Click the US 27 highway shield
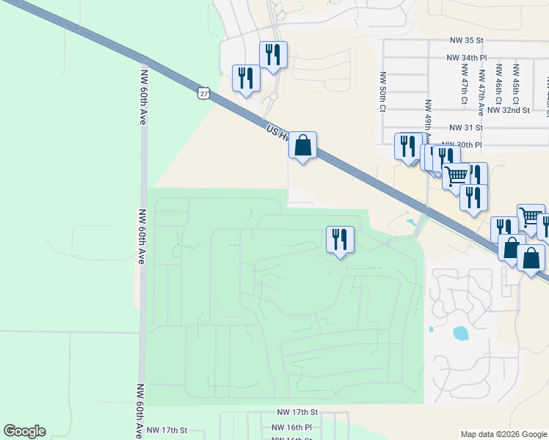204,93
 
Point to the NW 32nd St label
511,110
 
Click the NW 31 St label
467,127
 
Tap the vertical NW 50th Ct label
382,91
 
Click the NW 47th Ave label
482,92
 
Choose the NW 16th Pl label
291,427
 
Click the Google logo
24,431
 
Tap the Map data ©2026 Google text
503,434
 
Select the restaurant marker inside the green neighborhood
340,240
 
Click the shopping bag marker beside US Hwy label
302,145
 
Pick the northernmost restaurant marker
272,55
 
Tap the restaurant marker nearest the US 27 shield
245,78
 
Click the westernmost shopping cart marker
456,176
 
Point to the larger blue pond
461,334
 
